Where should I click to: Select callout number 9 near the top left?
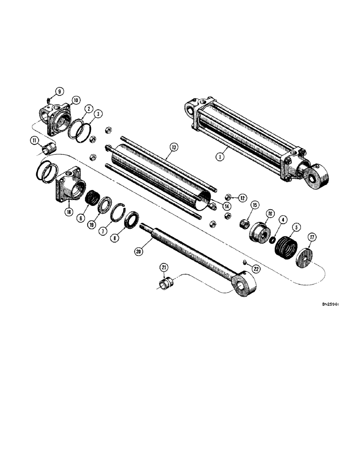[60, 91]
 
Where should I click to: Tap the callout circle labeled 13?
[173, 148]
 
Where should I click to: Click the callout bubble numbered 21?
[164, 267]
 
